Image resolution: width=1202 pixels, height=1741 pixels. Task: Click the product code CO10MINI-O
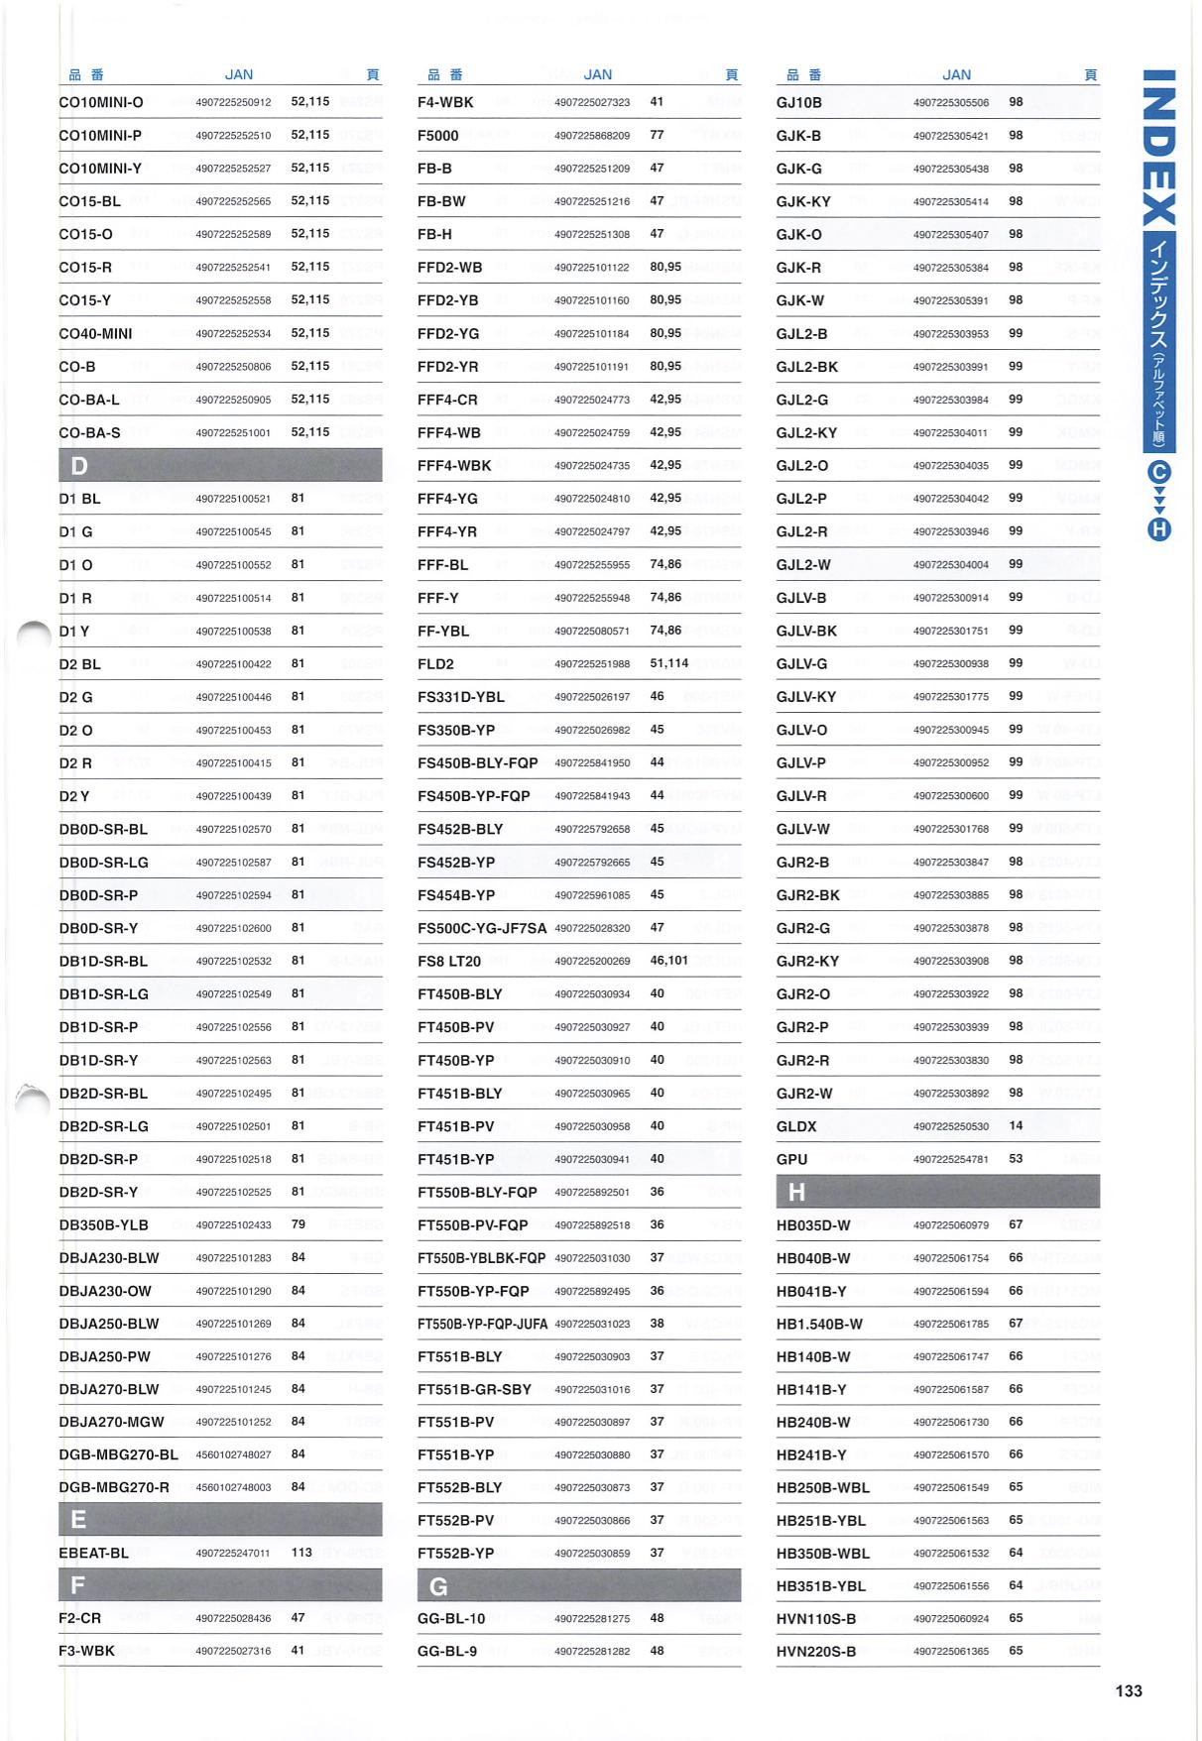101,102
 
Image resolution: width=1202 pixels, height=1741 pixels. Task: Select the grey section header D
219,466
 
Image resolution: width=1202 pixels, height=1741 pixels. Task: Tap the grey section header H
937,1191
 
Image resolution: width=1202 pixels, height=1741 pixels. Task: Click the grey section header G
578,1586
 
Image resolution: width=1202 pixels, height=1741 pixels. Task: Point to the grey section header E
219,1519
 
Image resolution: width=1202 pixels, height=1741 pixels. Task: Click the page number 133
1129,1691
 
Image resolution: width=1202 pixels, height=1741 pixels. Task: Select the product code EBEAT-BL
94,1553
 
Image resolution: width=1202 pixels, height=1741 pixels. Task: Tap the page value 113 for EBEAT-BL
301,1553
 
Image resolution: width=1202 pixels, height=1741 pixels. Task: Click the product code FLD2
435,664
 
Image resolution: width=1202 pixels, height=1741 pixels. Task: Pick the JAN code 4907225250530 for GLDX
951,1126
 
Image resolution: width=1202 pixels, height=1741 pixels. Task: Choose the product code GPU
791,1159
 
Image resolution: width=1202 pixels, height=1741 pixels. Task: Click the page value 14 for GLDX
1016,1126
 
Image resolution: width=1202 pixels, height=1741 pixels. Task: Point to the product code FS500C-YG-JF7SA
482,929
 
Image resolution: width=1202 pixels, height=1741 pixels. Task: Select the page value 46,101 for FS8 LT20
668,961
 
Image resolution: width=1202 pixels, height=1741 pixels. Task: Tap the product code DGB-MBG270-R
114,1487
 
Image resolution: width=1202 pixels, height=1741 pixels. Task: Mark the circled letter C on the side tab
1159,472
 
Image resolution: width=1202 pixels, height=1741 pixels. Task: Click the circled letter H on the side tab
1159,529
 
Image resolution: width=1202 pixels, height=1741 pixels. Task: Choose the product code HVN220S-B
816,1652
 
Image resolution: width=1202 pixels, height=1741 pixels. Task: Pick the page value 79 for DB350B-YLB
298,1224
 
